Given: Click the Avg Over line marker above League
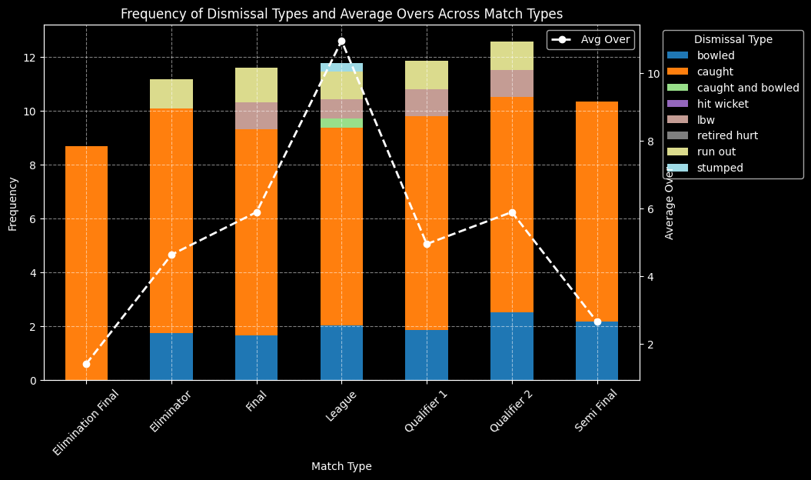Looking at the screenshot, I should click(341, 41).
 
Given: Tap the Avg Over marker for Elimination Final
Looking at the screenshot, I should click(86, 364).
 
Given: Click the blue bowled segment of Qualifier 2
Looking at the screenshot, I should click(512, 345).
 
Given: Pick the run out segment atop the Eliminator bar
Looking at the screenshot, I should click(171, 94).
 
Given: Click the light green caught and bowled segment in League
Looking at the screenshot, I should click(341, 123).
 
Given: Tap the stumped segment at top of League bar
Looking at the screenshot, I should click(341, 68).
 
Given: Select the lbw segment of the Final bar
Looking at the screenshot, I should click(256, 115).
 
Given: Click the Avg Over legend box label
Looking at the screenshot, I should click(605, 39).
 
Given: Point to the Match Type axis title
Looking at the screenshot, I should click(341, 466).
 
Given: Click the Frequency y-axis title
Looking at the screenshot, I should click(13, 203).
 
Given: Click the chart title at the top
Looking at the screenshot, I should click(341, 14).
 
